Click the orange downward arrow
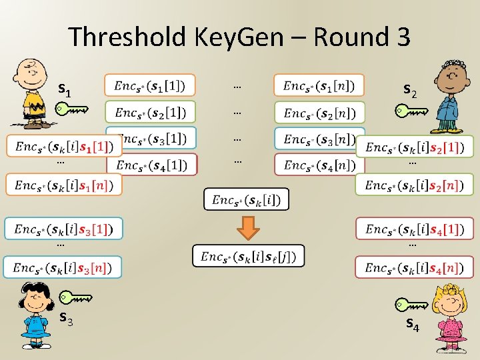tap(249, 227)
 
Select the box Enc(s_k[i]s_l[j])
tap(248, 256)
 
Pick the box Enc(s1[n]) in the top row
tap(319, 85)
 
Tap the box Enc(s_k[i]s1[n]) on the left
tap(64, 185)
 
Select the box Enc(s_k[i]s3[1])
tap(64, 229)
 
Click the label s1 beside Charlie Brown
tap(65, 88)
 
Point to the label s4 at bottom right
tap(413, 325)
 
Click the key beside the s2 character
tap(410, 111)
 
